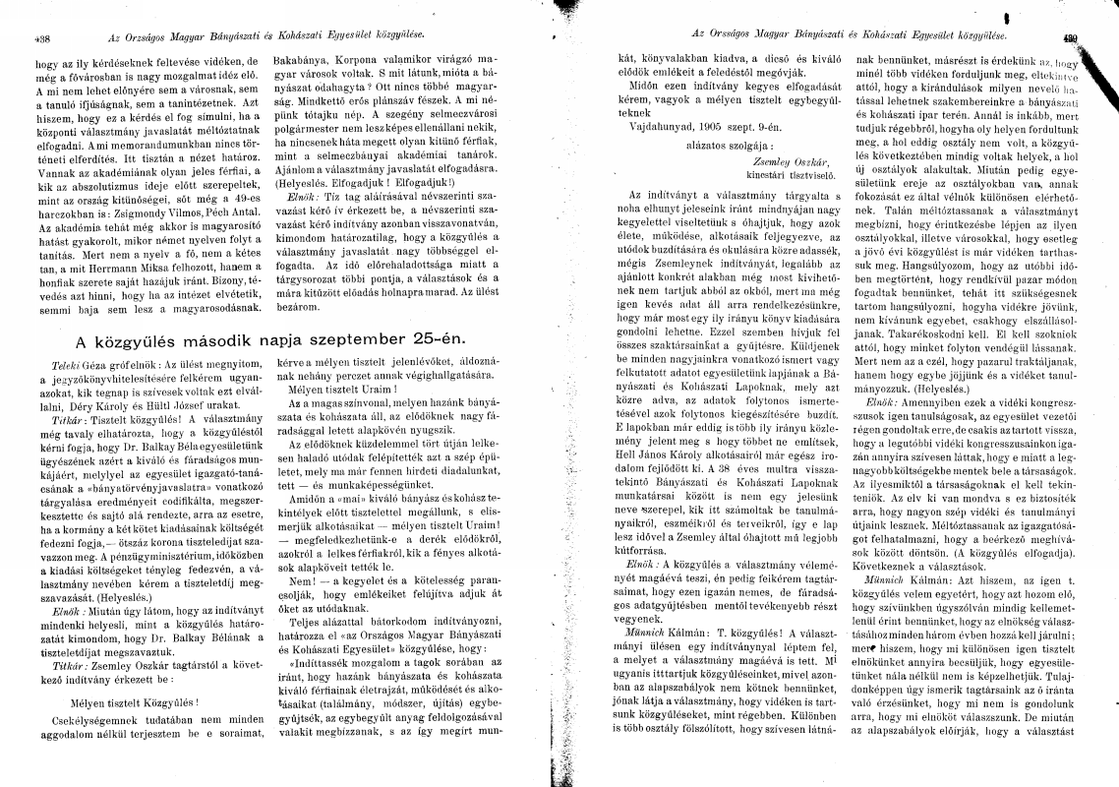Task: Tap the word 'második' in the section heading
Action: (221, 340)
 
